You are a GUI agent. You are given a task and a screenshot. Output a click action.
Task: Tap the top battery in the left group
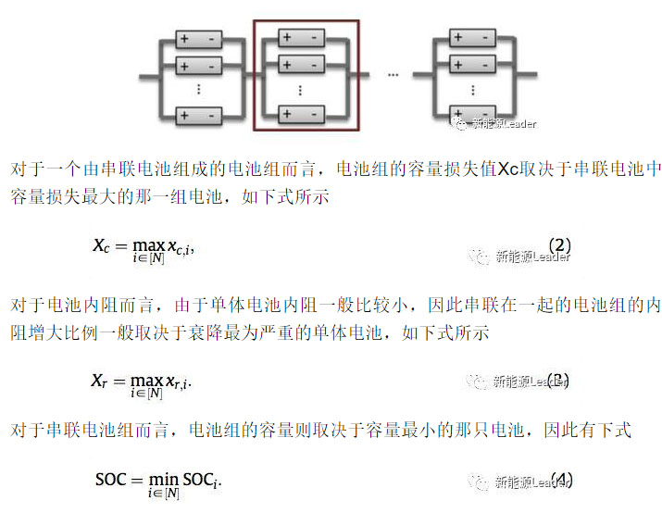199,40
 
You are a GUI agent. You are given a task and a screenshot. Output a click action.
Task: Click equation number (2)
559,245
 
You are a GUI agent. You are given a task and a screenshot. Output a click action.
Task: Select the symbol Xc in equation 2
101,245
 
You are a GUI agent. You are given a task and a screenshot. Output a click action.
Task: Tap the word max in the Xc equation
147,245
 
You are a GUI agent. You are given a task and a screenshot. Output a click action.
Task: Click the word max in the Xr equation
146,380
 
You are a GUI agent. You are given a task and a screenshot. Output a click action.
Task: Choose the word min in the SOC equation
165,481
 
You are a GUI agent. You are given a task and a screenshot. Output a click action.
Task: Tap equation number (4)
560,481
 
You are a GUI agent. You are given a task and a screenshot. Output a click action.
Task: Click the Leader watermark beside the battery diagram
501,122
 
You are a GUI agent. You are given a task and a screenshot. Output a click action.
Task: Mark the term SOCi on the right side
201,481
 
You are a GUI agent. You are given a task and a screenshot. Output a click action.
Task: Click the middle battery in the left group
199,66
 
